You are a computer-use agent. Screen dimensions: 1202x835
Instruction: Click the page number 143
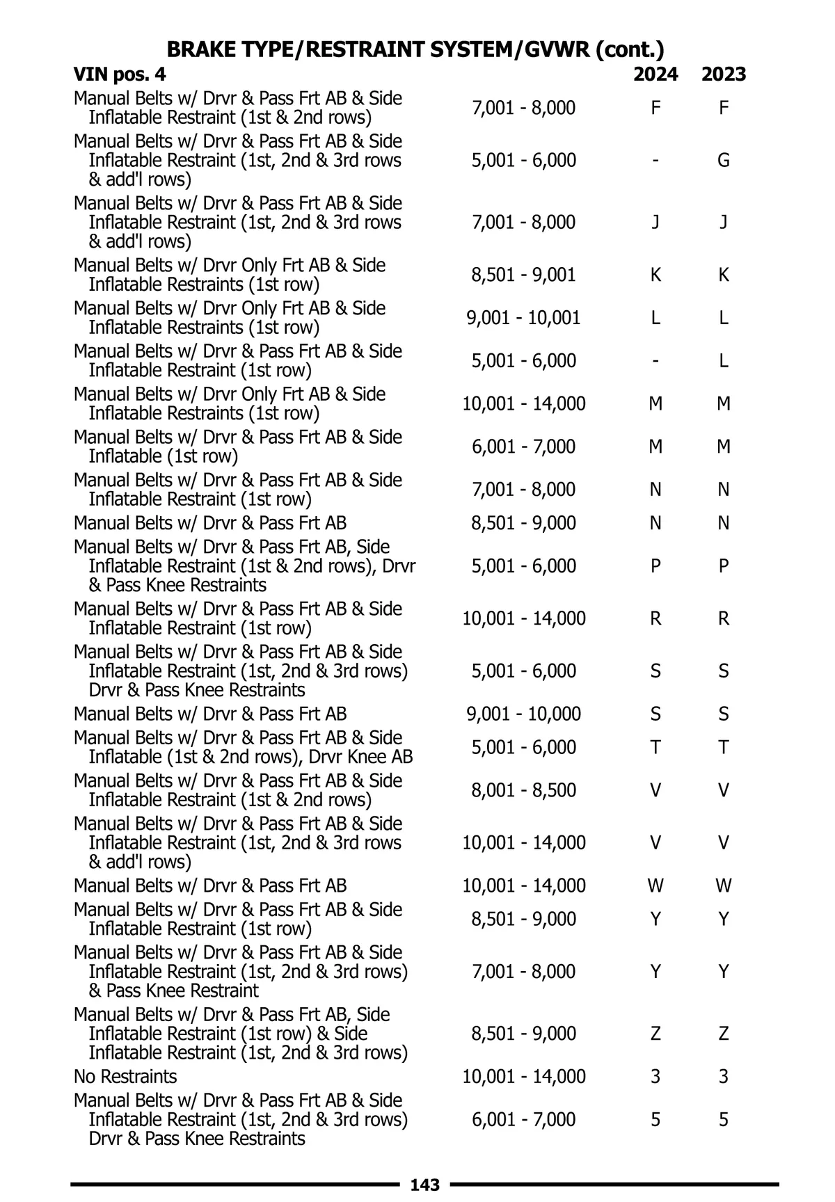coord(425,1185)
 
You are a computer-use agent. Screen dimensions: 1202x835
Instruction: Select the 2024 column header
coord(655,74)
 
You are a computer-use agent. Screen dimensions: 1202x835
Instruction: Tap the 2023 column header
coord(724,74)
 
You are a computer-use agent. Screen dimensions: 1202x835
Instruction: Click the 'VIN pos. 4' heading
coord(120,74)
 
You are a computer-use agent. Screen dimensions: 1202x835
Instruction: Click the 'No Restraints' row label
coord(125,1077)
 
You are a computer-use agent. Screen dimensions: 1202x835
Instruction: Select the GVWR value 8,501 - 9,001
coord(523,275)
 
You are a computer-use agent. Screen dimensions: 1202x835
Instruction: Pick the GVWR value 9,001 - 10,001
coord(523,318)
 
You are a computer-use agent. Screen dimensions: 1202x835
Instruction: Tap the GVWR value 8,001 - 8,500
coord(523,790)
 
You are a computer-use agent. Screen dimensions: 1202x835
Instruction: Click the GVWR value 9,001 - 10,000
coord(523,714)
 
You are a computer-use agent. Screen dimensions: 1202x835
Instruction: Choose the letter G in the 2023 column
coord(724,161)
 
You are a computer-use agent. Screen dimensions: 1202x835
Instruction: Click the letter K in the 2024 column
coord(655,275)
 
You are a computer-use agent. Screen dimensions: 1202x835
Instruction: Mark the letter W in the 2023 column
coord(724,886)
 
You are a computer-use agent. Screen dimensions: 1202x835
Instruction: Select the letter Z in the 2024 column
coord(655,1034)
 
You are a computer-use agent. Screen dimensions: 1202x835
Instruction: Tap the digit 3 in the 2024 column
coord(655,1077)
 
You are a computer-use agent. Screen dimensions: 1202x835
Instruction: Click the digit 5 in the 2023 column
coord(724,1119)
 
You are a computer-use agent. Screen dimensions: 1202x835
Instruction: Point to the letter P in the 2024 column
coord(655,566)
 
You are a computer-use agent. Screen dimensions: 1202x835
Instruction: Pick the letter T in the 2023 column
coord(724,747)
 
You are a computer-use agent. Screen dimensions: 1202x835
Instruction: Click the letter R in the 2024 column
coord(655,618)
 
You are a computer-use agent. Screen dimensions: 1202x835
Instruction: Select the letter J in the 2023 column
coord(724,223)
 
